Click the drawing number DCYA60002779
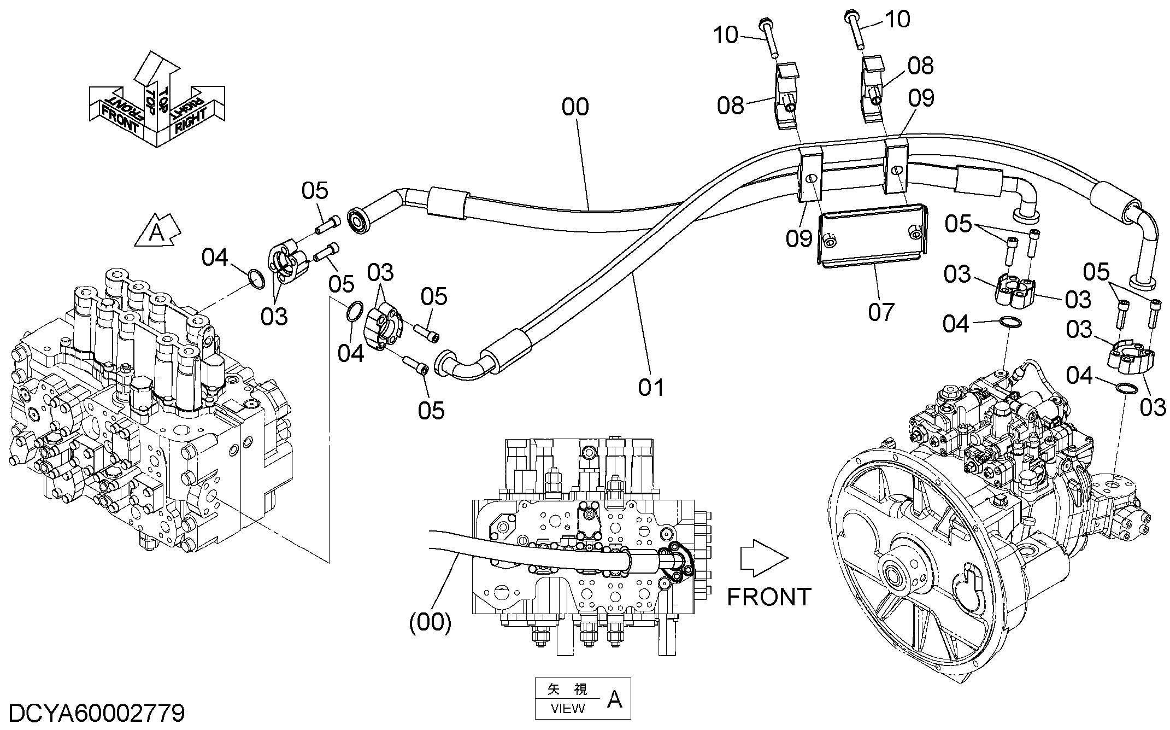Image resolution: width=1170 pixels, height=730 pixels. click(97, 714)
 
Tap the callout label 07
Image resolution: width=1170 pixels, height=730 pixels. click(881, 312)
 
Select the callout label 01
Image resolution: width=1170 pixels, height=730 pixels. click(651, 387)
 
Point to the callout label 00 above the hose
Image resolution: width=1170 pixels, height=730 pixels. click(575, 107)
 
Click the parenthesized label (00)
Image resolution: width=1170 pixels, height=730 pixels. click(431, 622)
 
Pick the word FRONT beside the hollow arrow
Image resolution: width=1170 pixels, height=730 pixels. click(769, 597)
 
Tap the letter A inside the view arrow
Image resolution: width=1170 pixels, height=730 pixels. click(157, 233)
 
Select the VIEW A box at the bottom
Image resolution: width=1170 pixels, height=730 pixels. click(583, 698)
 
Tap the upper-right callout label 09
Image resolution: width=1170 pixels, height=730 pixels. click(921, 98)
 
